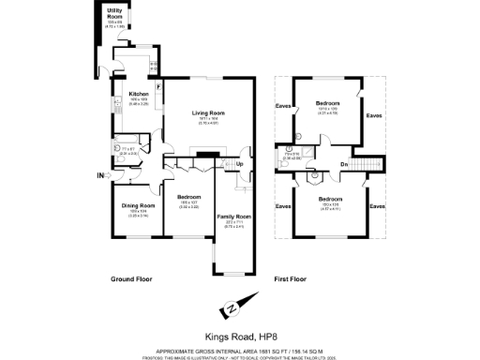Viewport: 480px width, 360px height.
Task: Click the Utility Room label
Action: pyautogui.click(x=114, y=13)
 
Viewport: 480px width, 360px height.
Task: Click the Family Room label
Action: pyautogui.click(x=230, y=217)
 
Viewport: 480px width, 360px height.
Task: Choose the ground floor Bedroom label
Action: pyautogui.click(x=189, y=198)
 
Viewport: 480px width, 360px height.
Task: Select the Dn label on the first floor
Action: pyautogui.click(x=344, y=165)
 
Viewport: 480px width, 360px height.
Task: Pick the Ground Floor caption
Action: pyautogui.click(x=131, y=279)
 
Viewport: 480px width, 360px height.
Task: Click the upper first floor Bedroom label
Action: pyautogui.click(x=328, y=103)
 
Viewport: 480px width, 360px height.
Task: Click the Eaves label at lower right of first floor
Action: pyautogui.click(x=377, y=205)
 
